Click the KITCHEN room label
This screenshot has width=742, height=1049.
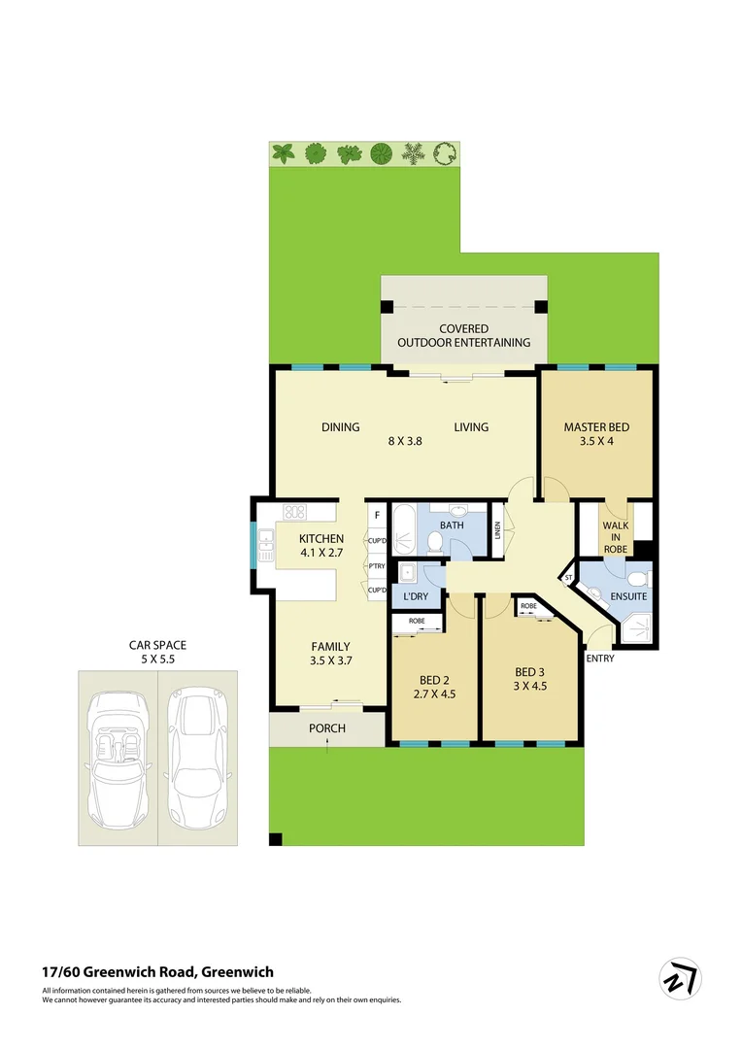tap(320, 539)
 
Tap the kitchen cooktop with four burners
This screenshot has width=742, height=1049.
tap(294, 512)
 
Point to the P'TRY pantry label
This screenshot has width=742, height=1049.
tap(376, 566)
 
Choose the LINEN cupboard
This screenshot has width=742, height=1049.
tap(497, 530)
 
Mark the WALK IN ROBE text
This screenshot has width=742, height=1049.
tap(616, 537)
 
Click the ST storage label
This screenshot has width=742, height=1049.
tap(569, 579)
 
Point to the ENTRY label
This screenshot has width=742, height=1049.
tap(599, 659)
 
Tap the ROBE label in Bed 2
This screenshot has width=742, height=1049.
tap(416, 620)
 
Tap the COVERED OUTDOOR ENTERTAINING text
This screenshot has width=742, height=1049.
tap(463, 335)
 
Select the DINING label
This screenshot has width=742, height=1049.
tap(341, 427)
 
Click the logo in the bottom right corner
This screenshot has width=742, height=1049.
tap(680, 979)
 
